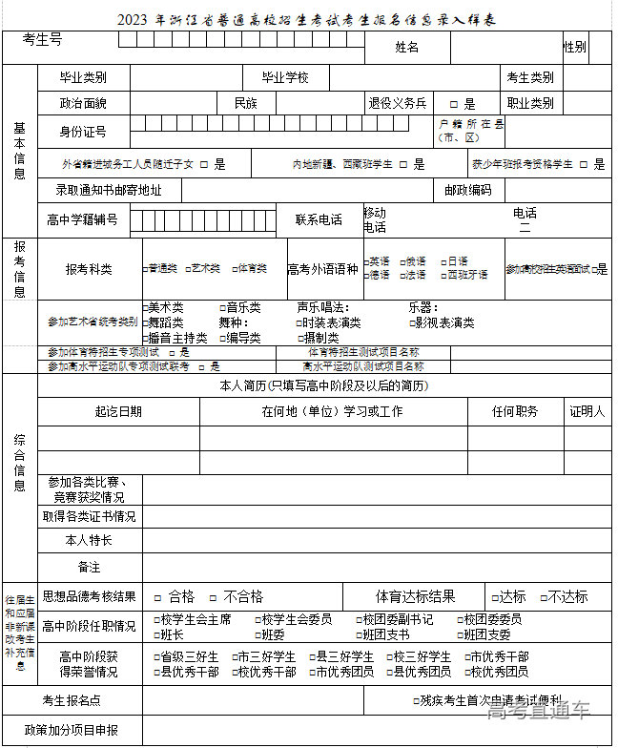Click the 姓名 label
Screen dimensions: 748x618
click(x=406, y=47)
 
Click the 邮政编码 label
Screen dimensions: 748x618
click(x=467, y=190)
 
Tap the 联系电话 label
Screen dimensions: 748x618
click(x=319, y=219)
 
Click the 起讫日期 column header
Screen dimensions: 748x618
click(x=118, y=411)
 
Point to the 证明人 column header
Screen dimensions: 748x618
click(x=587, y=411)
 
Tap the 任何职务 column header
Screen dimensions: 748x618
click(x=515, y=411)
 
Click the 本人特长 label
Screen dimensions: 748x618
click(x=89, y=540)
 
